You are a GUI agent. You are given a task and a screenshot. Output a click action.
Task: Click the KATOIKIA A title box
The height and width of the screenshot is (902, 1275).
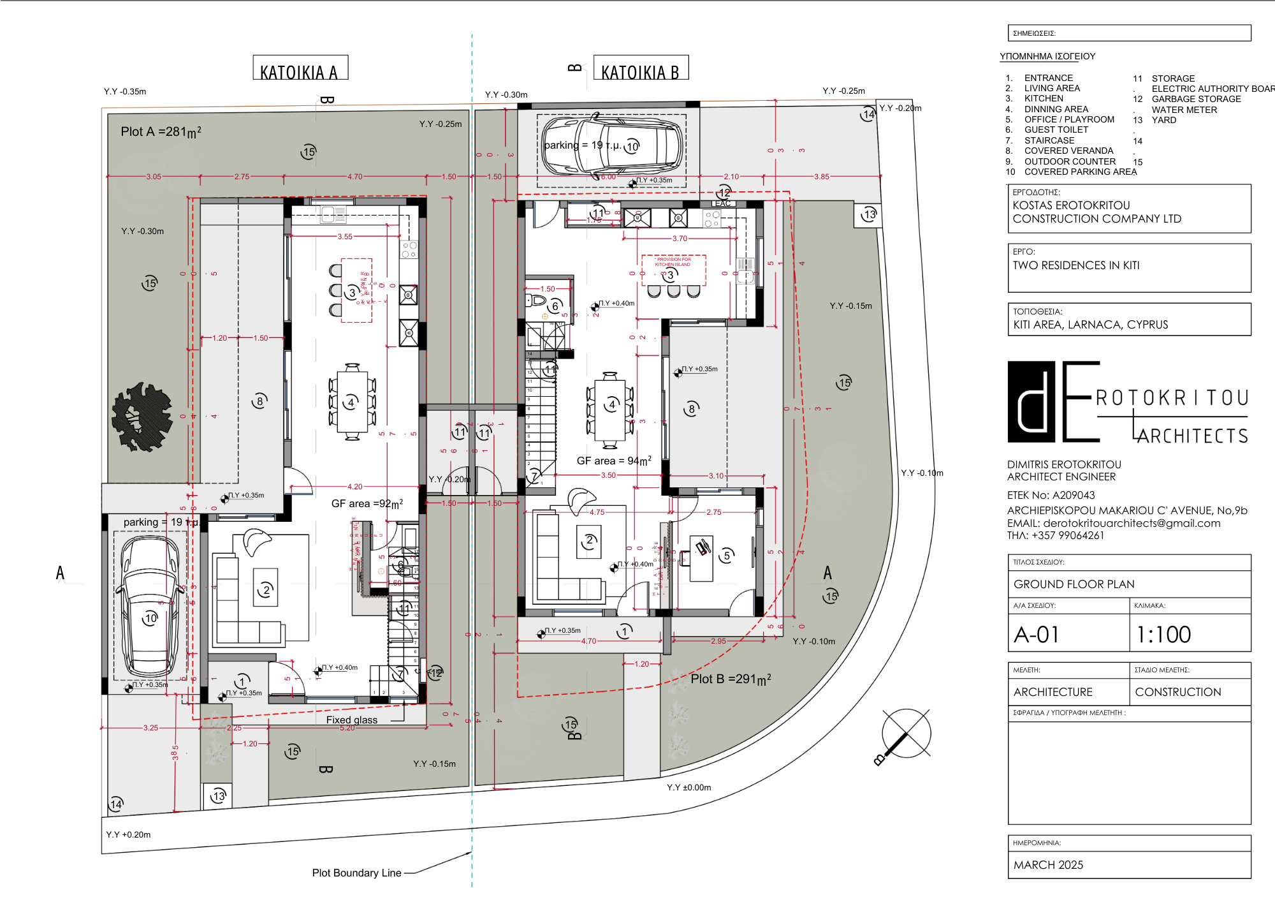300,68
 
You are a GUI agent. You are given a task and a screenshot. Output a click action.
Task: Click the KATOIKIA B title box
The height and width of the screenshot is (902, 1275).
641,68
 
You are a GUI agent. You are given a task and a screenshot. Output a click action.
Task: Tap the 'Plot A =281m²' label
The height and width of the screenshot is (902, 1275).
161,132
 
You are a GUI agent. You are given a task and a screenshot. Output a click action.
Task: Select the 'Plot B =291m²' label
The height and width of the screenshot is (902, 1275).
731,679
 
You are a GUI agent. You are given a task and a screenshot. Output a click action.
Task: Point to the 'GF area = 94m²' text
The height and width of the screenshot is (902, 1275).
614,461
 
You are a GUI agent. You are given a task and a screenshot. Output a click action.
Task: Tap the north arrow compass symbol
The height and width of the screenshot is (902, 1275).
906,734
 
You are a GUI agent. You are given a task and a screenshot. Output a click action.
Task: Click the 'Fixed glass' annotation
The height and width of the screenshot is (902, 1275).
352,720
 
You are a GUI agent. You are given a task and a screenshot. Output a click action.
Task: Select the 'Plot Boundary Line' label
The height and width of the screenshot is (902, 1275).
356,873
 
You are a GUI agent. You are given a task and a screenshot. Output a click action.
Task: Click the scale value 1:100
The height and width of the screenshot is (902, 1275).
1163,635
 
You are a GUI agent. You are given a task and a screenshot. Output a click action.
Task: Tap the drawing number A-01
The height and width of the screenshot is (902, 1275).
1037,635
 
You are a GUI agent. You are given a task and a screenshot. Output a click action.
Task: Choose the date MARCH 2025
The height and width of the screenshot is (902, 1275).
1048,865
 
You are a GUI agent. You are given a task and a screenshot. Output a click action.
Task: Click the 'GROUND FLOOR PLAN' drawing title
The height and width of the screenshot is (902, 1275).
1074,584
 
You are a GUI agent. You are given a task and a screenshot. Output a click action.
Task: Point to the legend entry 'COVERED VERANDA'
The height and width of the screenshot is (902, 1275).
1068,151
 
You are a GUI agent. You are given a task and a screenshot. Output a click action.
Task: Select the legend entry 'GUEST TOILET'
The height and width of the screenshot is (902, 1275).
1056,130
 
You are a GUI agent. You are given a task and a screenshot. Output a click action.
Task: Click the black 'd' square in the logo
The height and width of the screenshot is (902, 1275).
1031,402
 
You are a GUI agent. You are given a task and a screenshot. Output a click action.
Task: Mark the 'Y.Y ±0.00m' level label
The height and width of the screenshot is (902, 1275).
688,788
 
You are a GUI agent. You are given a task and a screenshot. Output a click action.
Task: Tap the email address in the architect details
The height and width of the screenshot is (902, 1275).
1132,524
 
